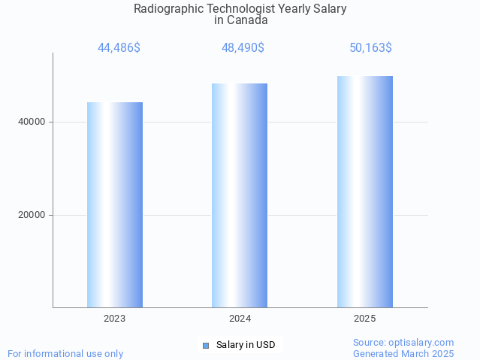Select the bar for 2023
(x=115, y=204)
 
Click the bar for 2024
(x=240, y=195)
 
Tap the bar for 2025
(x=365, y=192)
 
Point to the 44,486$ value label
(x=119, y=48)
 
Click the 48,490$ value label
(x=243, y=48)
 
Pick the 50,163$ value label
(x=370, y=48)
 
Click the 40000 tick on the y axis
(x=32, y=122)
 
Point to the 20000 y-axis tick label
(x=32, y=215)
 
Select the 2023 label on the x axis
(x=115, y=319)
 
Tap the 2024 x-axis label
(x=240, y=319)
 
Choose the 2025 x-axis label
(x=365, y=319)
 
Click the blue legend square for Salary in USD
(x=205, y=346)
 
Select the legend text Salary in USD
(x=246, y=346)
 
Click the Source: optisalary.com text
(x=403, y=343)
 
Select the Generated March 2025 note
(x=403, y=353)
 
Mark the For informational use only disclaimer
(x=65, y=353)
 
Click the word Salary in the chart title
(x=330, y=9)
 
